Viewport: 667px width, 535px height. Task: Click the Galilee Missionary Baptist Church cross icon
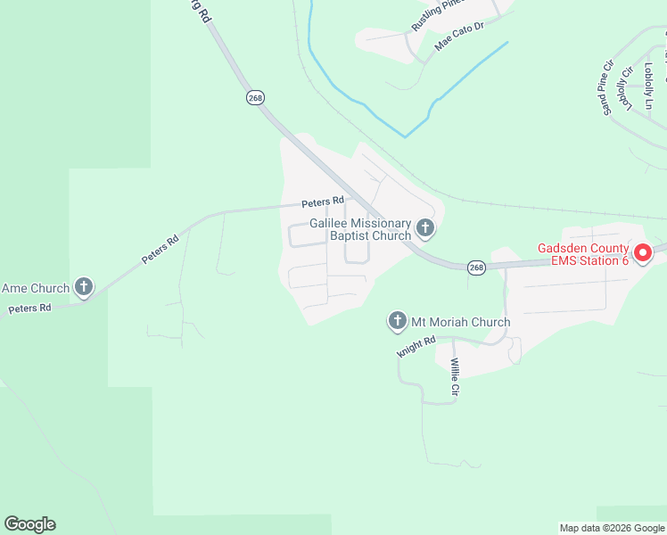point(425,229)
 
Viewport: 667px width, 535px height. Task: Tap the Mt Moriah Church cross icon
point(398,321)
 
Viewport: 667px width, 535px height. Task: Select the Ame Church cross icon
point(84,287)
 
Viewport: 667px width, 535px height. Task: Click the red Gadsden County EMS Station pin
point(643,254)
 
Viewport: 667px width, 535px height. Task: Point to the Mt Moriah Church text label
point(460,322)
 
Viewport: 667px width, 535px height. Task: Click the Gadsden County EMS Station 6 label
point(582,254)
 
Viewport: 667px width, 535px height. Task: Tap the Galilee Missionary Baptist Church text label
point(360,229)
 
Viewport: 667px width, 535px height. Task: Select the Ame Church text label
point(36,288)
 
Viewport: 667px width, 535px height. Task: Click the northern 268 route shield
point(256,97)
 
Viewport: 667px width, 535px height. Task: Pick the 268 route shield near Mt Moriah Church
point(477,267)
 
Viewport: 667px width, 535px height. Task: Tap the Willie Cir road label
point(455,377)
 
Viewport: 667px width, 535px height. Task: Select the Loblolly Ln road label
point(649,82)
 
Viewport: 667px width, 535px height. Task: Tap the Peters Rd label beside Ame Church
point(29,309)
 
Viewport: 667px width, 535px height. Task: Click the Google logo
point(29,524)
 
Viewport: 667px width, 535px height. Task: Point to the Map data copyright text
point(611,528)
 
